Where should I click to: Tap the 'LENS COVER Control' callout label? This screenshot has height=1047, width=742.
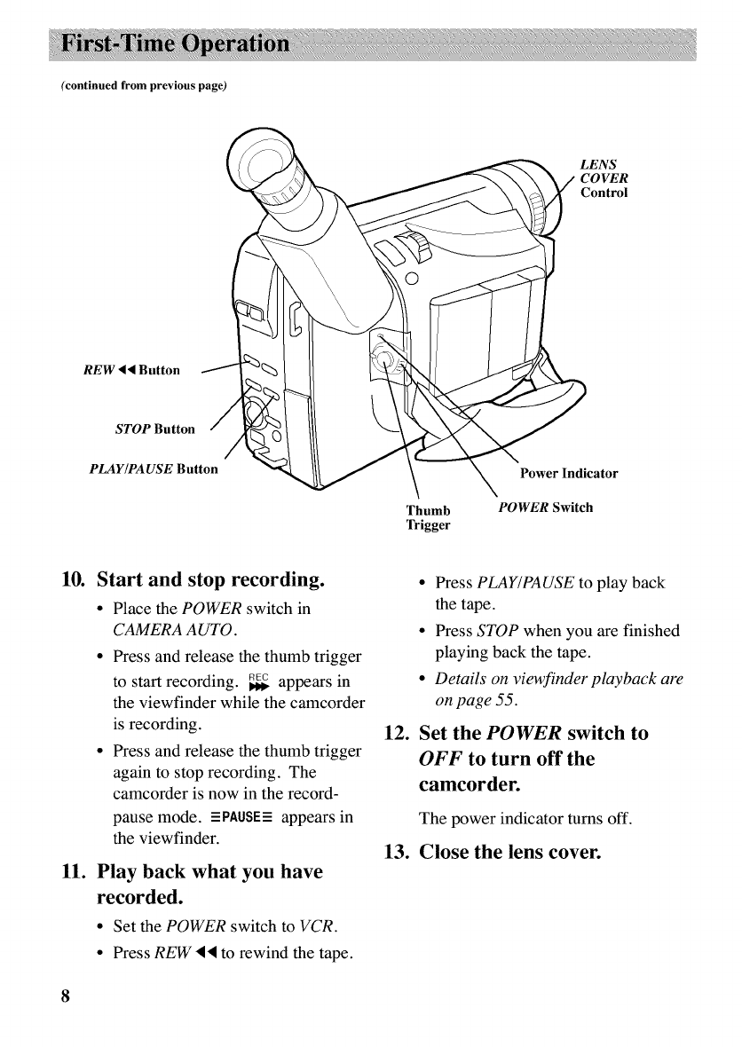click(604, 178)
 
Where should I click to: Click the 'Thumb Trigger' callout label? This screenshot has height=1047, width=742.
click(428, 518)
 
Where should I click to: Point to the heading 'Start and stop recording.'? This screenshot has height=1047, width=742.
click(208, 582)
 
